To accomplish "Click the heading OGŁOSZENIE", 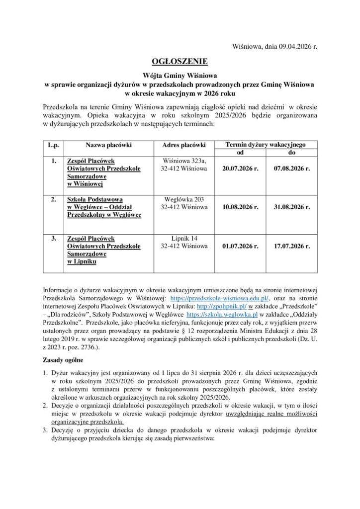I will [x=180, y=61].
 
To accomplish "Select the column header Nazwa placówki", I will [x=108, y=145].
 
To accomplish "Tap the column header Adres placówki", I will [x=184, y=145].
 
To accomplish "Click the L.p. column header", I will [x=54, y=145].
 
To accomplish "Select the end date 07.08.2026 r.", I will [x=292, y=169].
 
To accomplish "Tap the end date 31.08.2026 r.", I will [x=292, y=207].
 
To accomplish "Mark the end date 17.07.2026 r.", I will [x=292, y=246].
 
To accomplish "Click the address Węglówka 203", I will [x=184, y=199].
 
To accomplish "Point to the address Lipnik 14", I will [x=184, y=238].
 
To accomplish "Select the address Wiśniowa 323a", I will [x=184, y=161].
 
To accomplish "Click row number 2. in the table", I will [x=53, y=199].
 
